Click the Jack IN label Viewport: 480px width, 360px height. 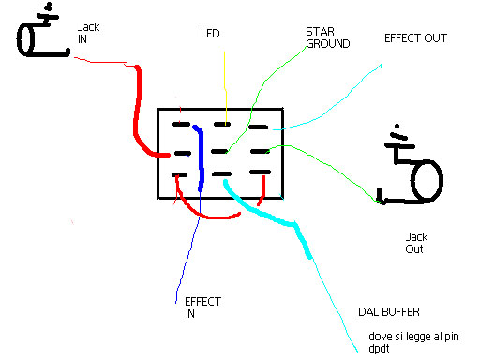click(x=89, y=33)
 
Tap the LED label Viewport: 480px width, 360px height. click(x=210, y=34)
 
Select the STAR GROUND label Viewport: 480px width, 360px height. click(x=328, y=37)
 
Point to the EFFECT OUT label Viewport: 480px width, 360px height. click(x=415, y=38)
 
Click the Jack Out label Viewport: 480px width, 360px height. click(x=416, y=243)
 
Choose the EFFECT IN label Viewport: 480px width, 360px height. click(x=203, y=307)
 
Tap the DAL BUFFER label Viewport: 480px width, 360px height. click(x=389, y=312)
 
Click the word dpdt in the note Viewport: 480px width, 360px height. click(x=379, y=349)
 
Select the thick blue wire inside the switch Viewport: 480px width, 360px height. click(x=201, y=157)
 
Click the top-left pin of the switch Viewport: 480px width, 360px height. click(x=181, y=124)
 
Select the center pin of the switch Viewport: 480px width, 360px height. click(x=219, y=152)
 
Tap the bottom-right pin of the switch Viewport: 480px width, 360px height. click(x=260, y=172)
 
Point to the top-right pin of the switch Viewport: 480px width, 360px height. click(x=258, y=127)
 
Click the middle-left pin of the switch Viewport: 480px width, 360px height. click(x=183, y=153)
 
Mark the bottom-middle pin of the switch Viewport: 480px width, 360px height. click(x=221, y=173)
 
